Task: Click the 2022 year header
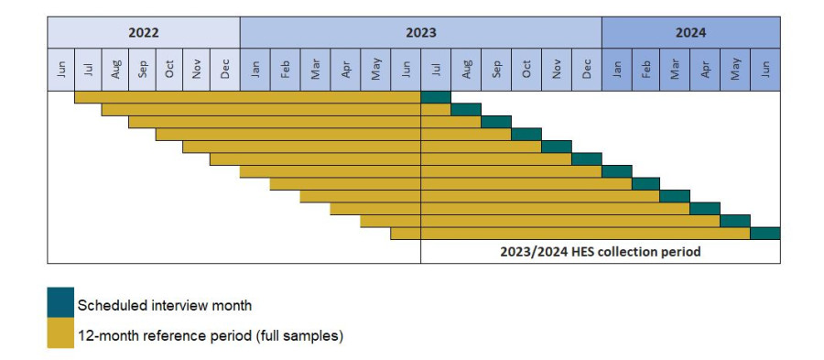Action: [144, 32]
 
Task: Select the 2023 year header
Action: [420, 32]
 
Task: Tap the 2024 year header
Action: [690, 32]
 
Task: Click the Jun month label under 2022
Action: [61, 69]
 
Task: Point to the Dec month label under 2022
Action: [225, 69]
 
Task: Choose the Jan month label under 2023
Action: [255, 69]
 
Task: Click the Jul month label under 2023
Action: [436, 69]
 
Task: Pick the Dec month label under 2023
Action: [587, 69]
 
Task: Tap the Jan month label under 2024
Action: [617, 69]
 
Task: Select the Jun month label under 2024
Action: [766, 69]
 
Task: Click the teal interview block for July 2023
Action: [436, 97]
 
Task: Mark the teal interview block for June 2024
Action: [765, 233]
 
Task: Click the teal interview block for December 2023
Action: [587, 158]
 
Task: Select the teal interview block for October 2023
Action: [526, 134]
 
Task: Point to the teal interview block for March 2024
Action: [675, 196]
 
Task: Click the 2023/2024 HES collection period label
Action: [601, 251]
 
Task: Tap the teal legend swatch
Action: [60, 303]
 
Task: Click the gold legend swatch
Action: [60, 334]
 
